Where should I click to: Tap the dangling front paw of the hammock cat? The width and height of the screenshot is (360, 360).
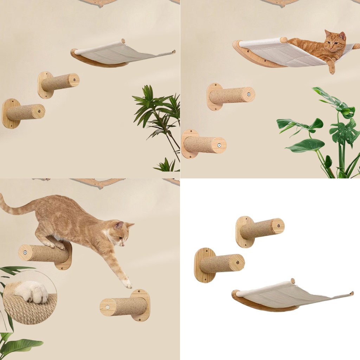(332, 70)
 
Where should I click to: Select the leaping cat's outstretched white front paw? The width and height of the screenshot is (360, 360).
(127, 283)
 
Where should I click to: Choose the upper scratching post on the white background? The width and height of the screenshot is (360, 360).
(262, 229)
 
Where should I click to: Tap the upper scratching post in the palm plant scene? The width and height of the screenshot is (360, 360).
(60, 83)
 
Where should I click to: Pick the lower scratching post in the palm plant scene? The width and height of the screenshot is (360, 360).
(25, 112)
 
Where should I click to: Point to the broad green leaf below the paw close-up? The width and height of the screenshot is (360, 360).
(21, 346)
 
